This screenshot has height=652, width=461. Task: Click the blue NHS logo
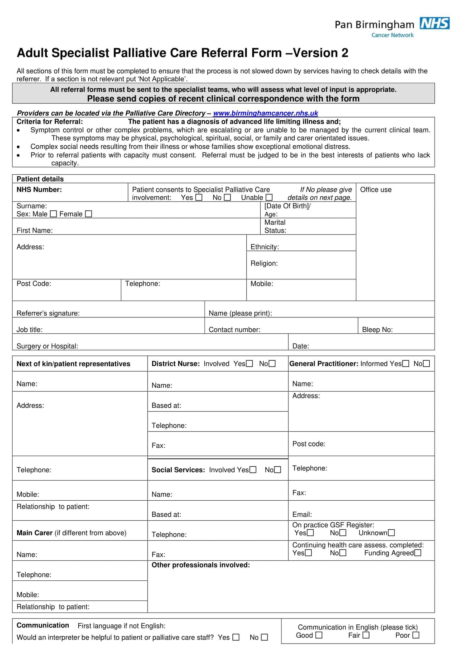[x=434, y=23]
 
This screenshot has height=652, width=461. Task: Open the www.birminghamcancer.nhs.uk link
[x=265, y=113]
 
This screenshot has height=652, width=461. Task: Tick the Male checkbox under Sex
[x=53, y=214]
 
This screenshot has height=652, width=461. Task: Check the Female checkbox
[x=89, y=214]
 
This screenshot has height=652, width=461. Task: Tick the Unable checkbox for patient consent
[x=269, y=197]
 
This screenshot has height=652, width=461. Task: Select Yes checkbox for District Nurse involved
[x=249, y=364]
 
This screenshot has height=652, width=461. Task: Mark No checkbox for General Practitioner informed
[x=426, y=364]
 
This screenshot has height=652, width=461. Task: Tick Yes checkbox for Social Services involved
[x=253, y=470]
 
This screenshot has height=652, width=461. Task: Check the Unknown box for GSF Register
[x=391, y=533]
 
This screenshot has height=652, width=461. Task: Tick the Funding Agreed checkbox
[x=418, y=553]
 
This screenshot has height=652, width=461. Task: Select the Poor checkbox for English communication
[x=416, y=635]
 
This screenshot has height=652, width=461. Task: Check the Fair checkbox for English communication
[x=366, y=635]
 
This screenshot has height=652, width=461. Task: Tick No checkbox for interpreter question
[x=264, y=638]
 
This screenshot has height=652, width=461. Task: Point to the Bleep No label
[x=377, y=330]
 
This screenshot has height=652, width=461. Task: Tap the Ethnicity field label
[x=265, y=247]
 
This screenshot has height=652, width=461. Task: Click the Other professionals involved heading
[x=201, y=565]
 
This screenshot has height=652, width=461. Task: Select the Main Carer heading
[x=35, y=533]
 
